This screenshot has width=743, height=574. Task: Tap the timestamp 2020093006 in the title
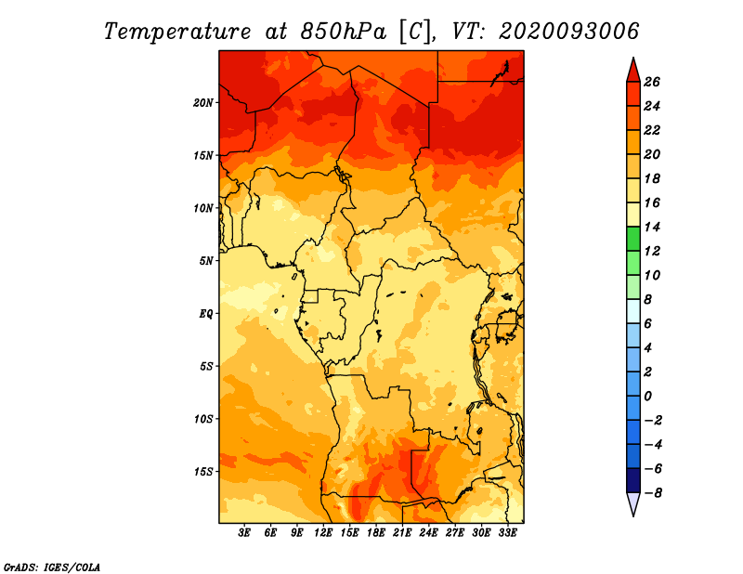point(569,31)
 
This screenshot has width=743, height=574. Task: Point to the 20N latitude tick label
point(203,102)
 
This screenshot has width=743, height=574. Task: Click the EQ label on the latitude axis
point(206,313)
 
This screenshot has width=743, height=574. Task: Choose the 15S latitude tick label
point(203,471)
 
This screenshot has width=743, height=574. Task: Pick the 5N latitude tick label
point(206,260)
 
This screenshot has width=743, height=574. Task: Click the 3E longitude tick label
point(245,533)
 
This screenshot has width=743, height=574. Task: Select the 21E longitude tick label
point(402,533)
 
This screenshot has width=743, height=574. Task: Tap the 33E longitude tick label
point(507,533)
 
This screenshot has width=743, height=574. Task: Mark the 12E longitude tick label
point(323,533)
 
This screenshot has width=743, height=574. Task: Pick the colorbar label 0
point(651,397)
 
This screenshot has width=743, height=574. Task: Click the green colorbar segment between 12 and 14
point(632,239)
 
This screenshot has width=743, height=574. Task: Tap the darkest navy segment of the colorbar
point(632,481)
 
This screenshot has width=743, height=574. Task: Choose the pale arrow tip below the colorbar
point(632,503)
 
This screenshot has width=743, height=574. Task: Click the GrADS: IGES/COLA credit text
point(51,565)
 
